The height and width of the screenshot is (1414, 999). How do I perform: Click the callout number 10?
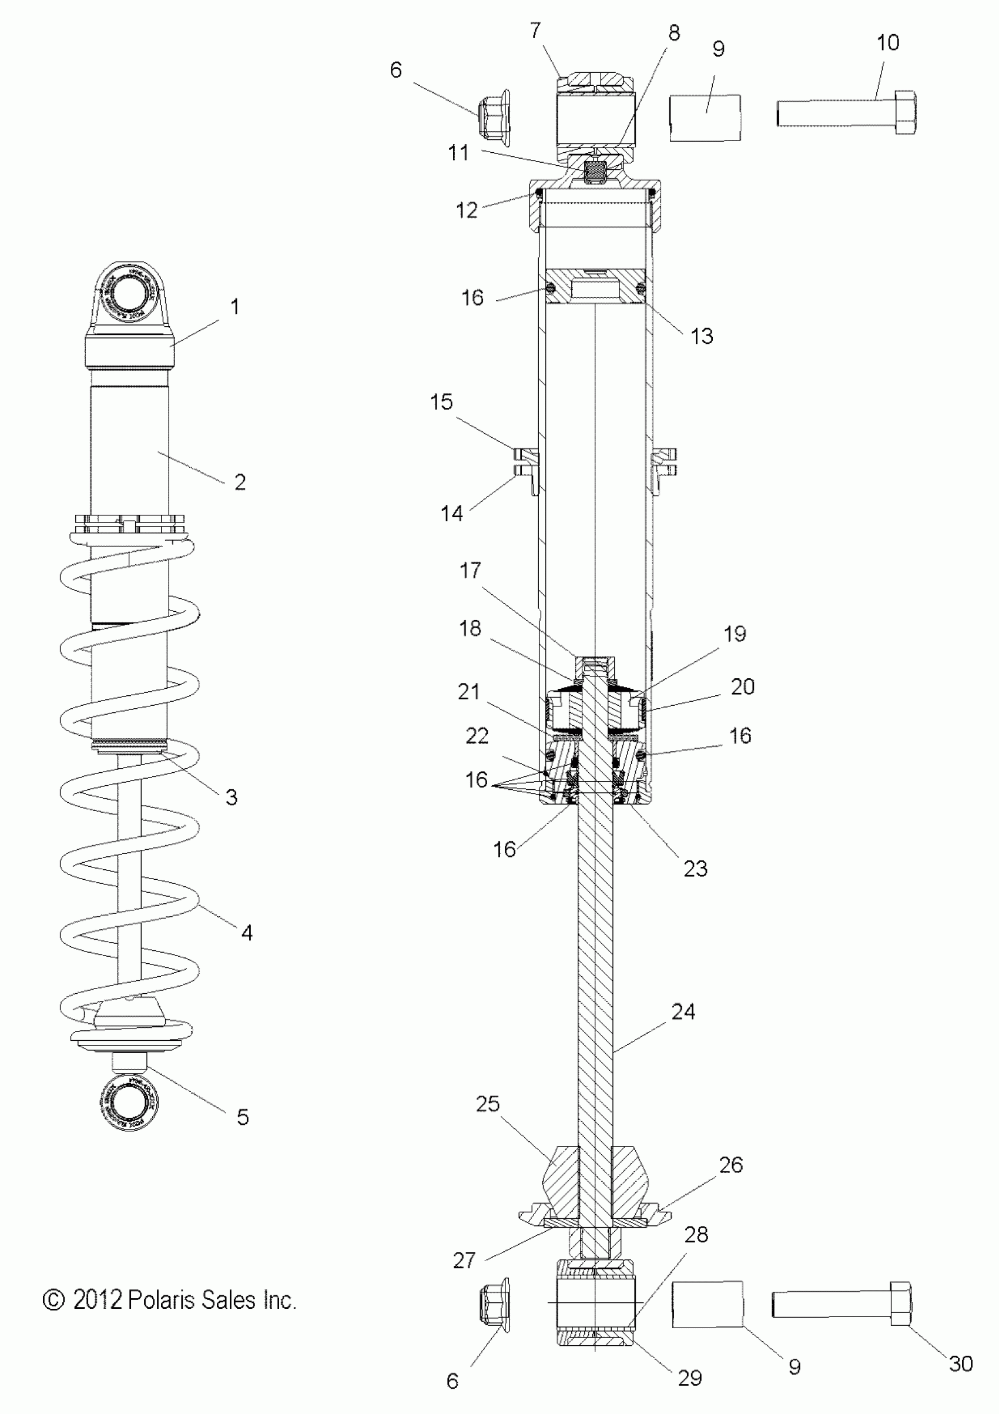coord(887,43)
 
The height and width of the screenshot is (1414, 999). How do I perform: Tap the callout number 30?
coord(960,1363)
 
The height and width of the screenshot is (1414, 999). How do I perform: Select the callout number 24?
coord(683,1011)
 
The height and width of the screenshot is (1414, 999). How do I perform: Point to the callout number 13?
coord(702,336)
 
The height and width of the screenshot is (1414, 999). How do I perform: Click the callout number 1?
coord(234,307)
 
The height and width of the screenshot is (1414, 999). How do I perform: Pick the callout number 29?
coord(689,1378)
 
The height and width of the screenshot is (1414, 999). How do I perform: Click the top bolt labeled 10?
coord(845,113)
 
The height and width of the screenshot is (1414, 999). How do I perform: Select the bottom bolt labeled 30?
coord(841,1304)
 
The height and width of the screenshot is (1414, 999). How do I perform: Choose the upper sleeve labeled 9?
coord(705,118)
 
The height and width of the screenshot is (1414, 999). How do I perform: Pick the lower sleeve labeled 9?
coord(707,1304)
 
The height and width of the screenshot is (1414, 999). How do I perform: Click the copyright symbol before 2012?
coord(53,1300)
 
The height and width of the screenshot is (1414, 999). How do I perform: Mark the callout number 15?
coord(441,402)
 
